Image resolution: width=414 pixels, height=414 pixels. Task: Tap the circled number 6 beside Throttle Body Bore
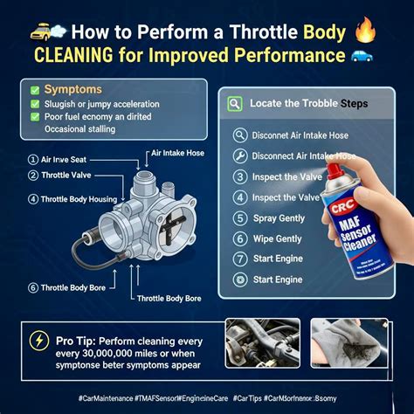coord(32,287)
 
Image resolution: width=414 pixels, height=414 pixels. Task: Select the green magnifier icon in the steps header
coord(234,103)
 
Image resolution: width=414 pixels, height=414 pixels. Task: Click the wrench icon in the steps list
coord(240,156)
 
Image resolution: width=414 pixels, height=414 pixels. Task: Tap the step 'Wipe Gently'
coord(276,238)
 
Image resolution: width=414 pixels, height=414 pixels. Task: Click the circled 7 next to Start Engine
coord(240,260)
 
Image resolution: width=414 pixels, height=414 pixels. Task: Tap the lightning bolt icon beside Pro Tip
coord(40,341)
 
